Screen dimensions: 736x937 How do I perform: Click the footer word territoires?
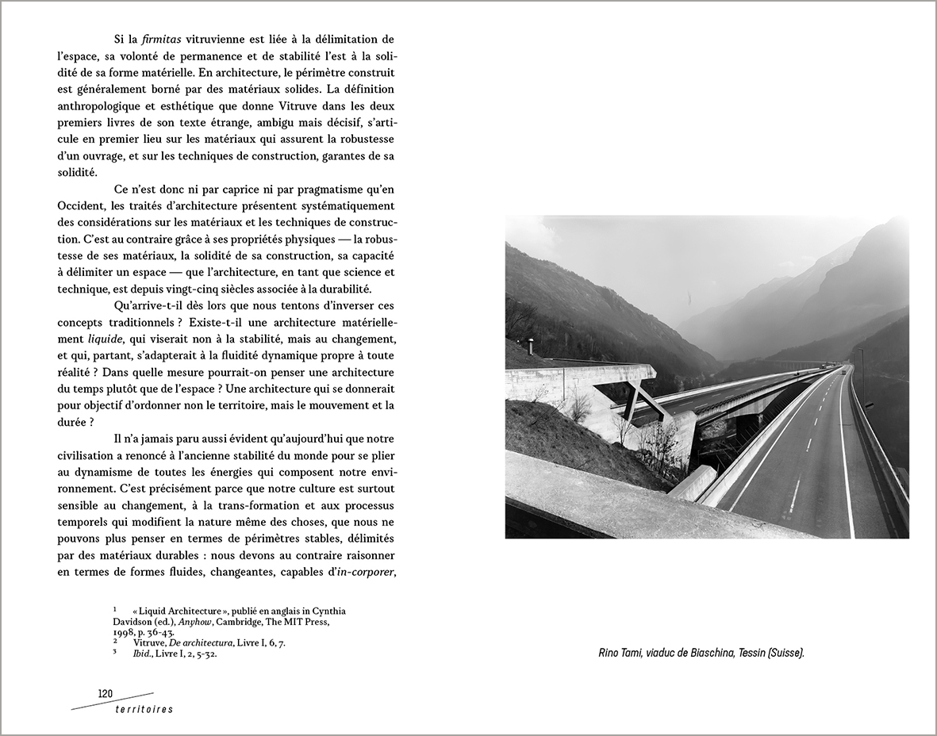coord(142,709)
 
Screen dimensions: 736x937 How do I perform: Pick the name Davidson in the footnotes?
coord(133,622)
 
